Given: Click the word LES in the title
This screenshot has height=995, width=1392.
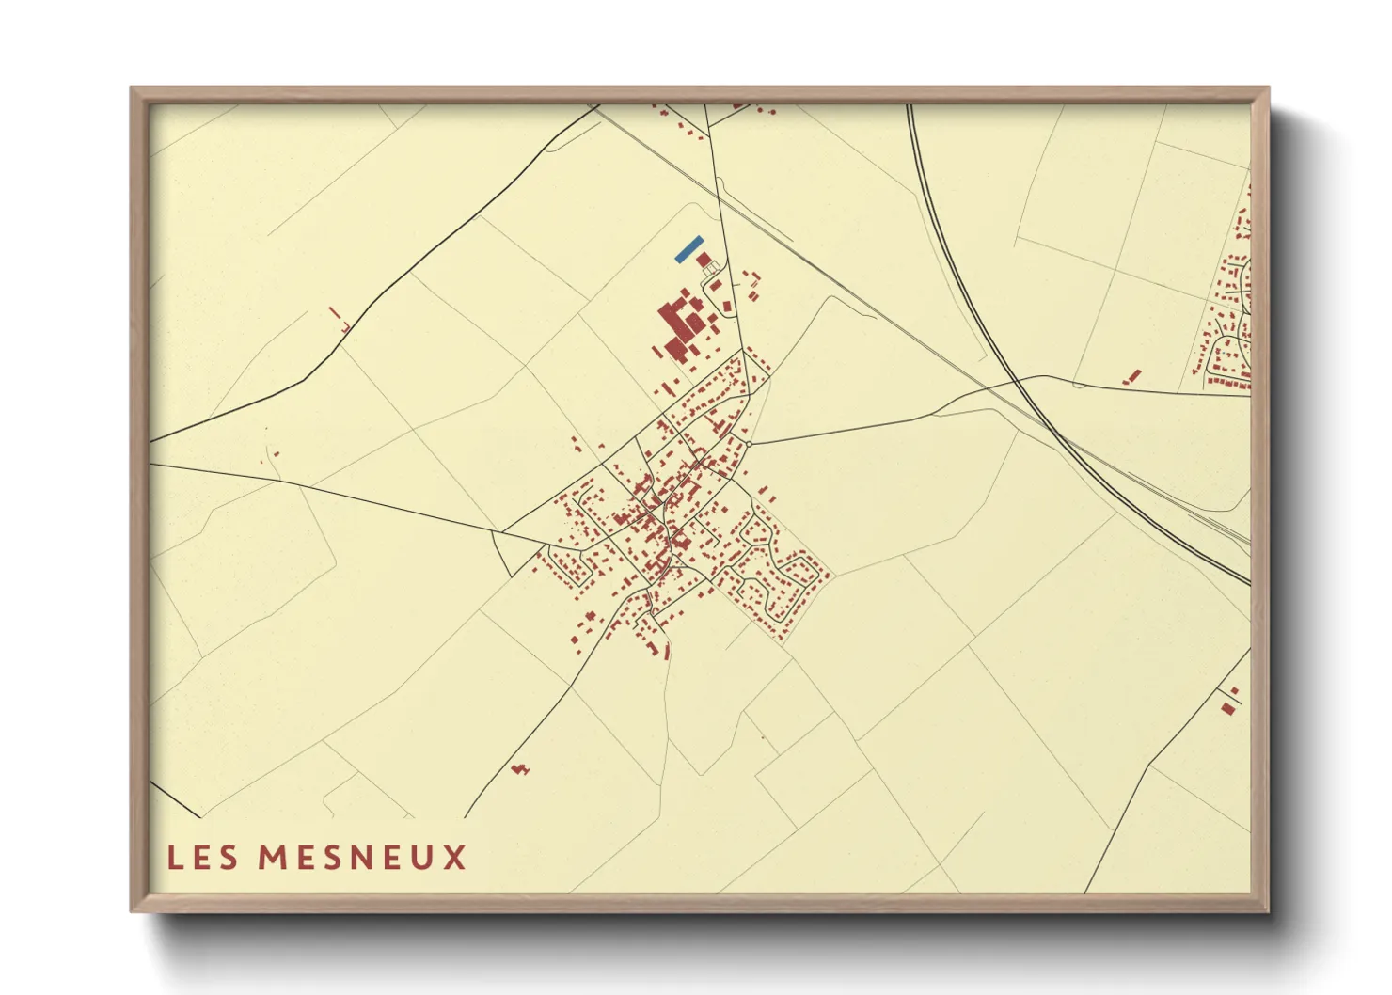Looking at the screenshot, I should (202, 858).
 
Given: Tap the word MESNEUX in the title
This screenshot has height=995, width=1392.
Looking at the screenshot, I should (362, 858).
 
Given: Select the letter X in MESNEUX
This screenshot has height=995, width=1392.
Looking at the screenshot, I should (455, 858).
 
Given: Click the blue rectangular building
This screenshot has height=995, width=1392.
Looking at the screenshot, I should (688, 248).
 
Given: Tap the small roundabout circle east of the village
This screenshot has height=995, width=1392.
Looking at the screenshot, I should (750, 442).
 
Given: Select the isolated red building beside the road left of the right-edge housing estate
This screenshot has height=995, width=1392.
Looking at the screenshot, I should (1133, 376).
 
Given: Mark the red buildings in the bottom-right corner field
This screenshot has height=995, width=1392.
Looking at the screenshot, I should (1228, 702).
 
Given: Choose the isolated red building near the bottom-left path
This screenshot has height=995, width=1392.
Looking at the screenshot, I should (520, 770).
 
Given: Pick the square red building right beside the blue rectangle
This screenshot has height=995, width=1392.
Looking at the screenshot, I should (704, 259).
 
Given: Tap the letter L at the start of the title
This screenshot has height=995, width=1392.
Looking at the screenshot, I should (174, 858).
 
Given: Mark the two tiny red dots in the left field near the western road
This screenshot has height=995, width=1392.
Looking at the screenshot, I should (272, 457).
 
